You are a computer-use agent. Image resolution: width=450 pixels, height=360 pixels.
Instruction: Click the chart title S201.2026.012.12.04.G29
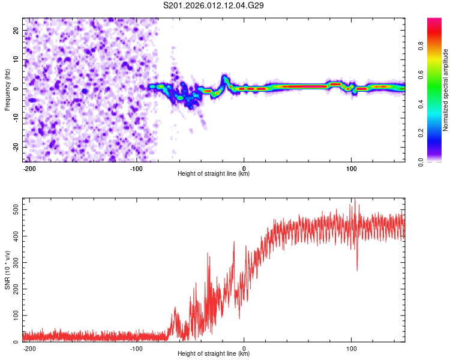(214, 6)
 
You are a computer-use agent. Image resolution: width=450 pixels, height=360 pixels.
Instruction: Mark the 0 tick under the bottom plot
(244, 348)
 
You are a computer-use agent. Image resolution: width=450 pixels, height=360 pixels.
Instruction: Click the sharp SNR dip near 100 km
(357, 269)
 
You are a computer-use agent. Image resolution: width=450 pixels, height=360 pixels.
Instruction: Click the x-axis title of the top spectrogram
(214, 174)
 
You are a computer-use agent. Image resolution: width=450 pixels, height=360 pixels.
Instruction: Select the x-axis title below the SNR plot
(214, 354)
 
